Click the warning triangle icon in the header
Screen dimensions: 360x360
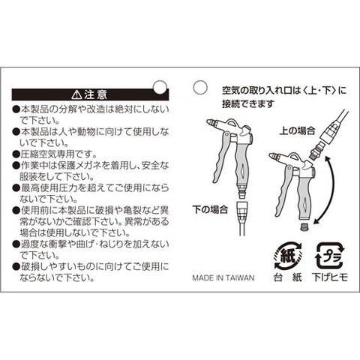click(x=76, y=94)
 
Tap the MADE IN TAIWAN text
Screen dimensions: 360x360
click(x=223, y=277)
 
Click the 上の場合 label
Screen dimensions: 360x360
click(x=297, y=131)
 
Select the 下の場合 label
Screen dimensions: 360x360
click(x=210, y=209)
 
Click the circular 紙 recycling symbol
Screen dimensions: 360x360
click(x=287, y=256)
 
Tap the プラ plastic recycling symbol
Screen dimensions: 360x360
click(x=331, y=256)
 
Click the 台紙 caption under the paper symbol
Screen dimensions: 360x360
click(x=287, y=277)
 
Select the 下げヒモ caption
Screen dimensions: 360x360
click(x=330, y=277)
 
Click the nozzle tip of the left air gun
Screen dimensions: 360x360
click(x=211, y=123)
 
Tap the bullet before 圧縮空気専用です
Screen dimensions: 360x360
click(x=16, y=154)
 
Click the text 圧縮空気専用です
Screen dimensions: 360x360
click(x=58, y=154)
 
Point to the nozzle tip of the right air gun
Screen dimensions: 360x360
click(x=274, y=157)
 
